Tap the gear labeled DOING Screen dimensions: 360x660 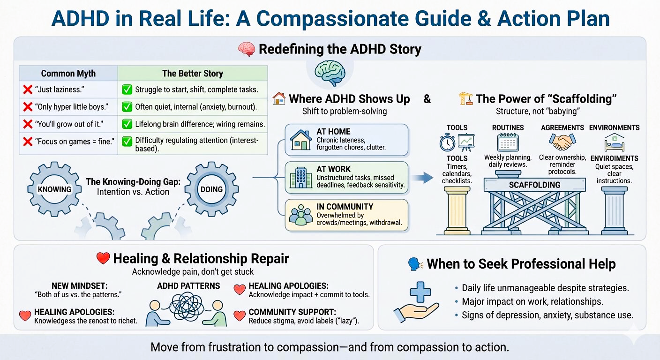[x=211, y=189]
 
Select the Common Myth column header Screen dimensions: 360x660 [x=68, y=74]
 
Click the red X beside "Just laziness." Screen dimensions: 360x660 [x=28, y=89]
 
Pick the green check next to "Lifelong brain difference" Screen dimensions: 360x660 [x=127, y=124]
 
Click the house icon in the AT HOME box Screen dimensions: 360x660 [x=301, y=139]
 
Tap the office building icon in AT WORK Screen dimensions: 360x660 [x=301, y=178]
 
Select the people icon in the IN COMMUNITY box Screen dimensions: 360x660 [x=301, y=214]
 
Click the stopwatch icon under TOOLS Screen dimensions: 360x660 [x=447, y=142]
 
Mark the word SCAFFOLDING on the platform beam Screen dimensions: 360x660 [x=534, y=185]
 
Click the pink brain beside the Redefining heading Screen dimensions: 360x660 [x=247, y=49]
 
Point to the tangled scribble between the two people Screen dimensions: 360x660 [x=184, y=304]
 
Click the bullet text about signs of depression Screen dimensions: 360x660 [x=547, y=315]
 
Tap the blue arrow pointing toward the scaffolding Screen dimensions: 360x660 [x=426, y=177]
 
